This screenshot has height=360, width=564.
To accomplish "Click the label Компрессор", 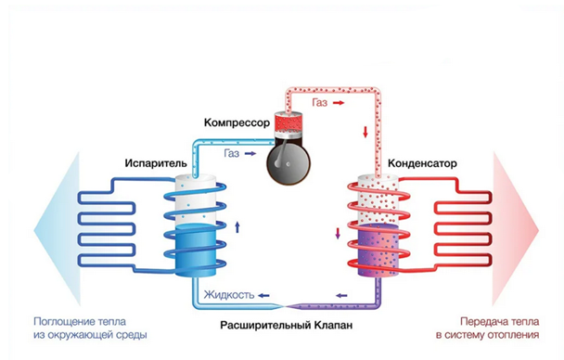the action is pyautogui.click(x=237, y=123).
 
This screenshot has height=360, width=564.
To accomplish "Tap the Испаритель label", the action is pyautogui.click(x=156, y=163).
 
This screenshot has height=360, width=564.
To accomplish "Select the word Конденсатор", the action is pyautogui.click(x=422, y=163).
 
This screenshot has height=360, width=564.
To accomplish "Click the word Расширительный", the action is pyautogui.click(x=265, y=326).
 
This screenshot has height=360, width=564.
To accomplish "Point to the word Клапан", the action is pyautogui.click(x=333, y=326).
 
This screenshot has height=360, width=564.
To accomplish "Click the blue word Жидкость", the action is pyautogui.click(x=229, y=295).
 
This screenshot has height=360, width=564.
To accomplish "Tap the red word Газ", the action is pyautogui.click(x=320, y=103).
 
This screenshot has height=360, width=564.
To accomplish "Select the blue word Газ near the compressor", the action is pyautogui.click(x=232, y=154).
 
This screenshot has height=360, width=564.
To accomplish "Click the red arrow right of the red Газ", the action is pyautogui.click(x=339, y=103).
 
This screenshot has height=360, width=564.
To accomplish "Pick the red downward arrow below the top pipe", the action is pyautogui.click(x=365, y=132).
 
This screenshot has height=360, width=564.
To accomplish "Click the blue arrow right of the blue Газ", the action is pyautogui.click(x=250, y=154).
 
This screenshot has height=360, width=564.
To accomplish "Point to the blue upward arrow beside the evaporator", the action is pyautogui.click(x=237, y=227).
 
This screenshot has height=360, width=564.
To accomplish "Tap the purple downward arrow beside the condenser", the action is pyautogui.click(x=338, y=234).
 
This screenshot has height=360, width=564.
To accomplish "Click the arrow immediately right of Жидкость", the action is pyautogui.click(x=263, y=296).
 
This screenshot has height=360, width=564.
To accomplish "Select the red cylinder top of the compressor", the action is pyautogui.click(x=288, y=123).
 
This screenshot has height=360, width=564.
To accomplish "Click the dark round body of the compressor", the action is pyautogui.click(x=288, y=163).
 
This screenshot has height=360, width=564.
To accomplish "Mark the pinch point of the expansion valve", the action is pyautogui.click(x=284, y=306).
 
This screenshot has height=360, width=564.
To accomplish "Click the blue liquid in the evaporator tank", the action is pyautogui.click(x=195, y=250).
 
